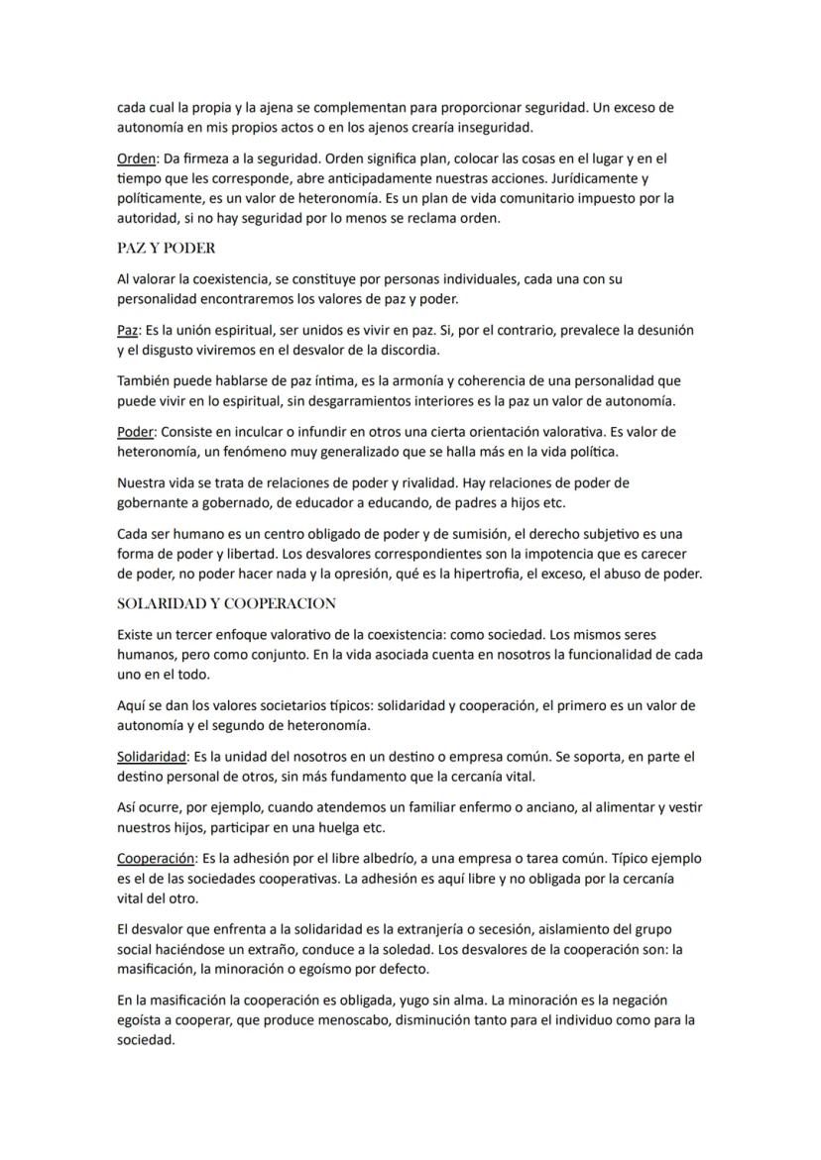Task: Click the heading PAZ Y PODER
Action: (166, 248)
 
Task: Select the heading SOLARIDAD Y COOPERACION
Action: (226, 603)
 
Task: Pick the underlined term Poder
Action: (136, 432)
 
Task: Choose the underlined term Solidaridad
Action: (155, 757)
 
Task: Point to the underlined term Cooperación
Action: (157, 859)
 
